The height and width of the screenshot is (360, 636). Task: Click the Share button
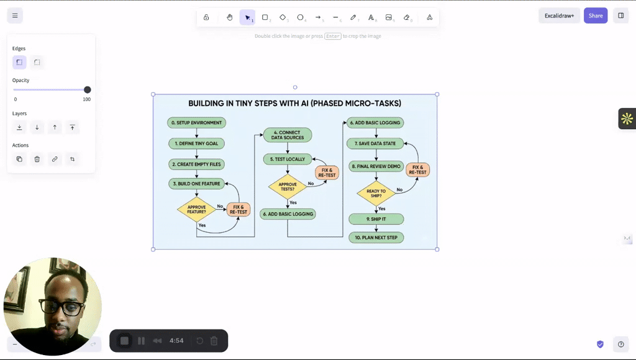pyautogui.click(x=595, y=16)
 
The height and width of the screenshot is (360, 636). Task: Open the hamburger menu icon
pyautogui.click(x=15, y=16)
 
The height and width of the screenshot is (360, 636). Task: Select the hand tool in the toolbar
pyautogui.click(x=230, y=17)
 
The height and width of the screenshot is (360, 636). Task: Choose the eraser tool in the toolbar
pyautogui.click(x=407, y=17)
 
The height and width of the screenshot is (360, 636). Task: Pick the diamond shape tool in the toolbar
pyautogui.click(x=283, y=17)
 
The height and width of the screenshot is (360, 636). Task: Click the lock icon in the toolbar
pyautogui.click(x=206, y=17)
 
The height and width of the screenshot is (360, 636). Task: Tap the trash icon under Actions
pyautogui.click(x=37, y=160)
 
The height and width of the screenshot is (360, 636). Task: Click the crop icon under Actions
pyautogui.click(x=72, y=160)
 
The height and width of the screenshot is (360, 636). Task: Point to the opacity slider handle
pyautogui.click(x=87, y=90)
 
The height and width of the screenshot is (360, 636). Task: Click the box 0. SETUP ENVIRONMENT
pyautogui.click(x=196, y=123)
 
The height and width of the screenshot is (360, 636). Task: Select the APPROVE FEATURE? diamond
pyautogui.click(x=196, y=210)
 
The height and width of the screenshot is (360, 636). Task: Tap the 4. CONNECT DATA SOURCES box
pyautogui.click(x=288, y=135)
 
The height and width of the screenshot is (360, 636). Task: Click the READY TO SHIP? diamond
pyautogui.click(x=376, y=194)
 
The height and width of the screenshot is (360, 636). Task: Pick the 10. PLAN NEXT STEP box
pyautogui.click(x=376, y=238)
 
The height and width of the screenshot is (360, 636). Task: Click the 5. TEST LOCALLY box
pyautogui.click(x=287, y=160)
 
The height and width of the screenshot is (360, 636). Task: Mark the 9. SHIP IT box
pyautogui.click(x=376, y=219)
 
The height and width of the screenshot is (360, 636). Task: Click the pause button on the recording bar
pyautogui.click(x=141, y=341)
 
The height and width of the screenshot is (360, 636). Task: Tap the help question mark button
pyautogui.click(x=620, y=344)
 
